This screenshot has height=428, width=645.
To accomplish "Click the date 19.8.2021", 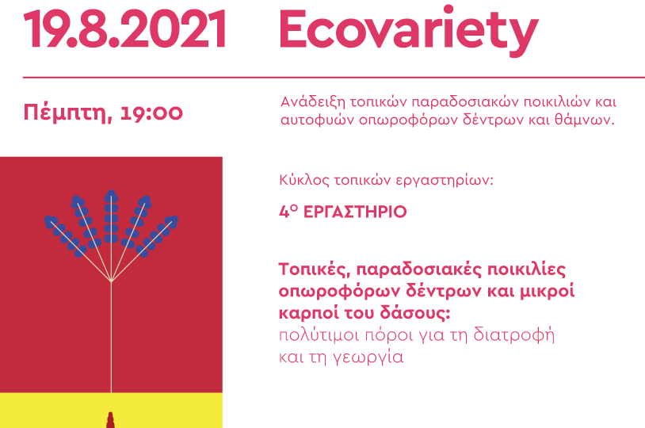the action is coord(124,29).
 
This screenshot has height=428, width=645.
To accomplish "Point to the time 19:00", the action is coord(152,113).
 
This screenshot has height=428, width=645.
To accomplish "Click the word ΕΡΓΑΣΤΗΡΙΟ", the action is coord(355,212).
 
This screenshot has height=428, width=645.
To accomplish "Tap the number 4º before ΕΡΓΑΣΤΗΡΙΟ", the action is coord(288,212).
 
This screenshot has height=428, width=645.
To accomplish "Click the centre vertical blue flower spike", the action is coord(111,216).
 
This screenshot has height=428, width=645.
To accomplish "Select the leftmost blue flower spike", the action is coord(66,236).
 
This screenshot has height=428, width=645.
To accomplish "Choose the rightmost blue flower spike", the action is coord(157,236).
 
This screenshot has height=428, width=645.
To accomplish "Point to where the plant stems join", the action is coord(111,281).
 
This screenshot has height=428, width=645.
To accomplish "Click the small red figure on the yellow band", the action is coord(110,420).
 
